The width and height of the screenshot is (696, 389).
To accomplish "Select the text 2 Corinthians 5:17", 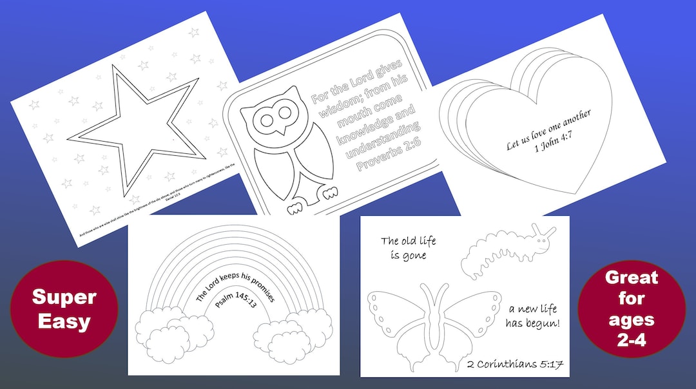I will [516, 364].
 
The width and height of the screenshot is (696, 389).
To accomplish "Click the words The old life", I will [408, 242].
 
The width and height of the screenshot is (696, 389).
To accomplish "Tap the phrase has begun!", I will [532, 323].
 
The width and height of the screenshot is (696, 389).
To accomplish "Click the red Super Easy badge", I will [64, 308].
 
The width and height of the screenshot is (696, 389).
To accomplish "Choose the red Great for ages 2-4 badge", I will [631, 308].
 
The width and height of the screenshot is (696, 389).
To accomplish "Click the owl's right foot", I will [329, 191].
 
